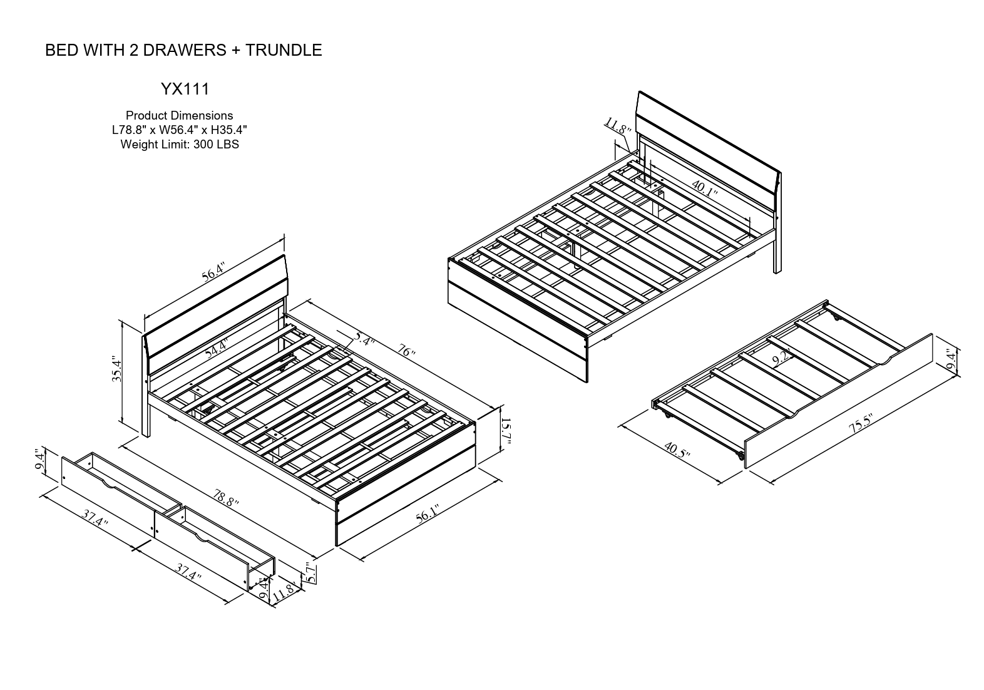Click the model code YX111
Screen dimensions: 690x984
pos(185,90)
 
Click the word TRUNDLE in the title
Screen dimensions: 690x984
pos(283,51)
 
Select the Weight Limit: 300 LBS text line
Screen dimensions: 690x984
pos(180,145)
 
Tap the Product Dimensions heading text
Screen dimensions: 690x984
pos(180,116)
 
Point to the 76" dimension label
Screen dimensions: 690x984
pos(406,351)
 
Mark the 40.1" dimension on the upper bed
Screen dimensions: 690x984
pos(705,188)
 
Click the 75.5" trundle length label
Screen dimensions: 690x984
pos(861,425)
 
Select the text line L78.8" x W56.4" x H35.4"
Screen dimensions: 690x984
pos(180,130)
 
